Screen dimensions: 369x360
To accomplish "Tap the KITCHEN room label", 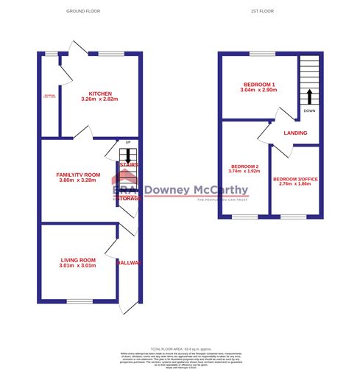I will (100, 94).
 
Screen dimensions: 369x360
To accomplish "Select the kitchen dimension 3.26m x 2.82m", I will (100, 99).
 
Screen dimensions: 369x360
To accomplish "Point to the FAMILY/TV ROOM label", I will (77, 174).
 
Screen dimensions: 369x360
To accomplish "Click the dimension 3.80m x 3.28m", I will (77, 180).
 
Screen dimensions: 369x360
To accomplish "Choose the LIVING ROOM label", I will (78, 260).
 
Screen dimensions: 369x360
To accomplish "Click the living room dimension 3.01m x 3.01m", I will (78, 267).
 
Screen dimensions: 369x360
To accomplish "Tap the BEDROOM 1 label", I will (258, 82).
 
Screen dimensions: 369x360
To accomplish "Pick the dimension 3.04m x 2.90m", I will (258, 89).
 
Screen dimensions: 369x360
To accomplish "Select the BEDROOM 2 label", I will (244, 167).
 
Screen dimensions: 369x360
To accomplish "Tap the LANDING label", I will (295, 133).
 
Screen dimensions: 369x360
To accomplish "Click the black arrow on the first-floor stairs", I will (309, 96).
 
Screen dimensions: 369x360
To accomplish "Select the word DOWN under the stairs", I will (309, 111).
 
